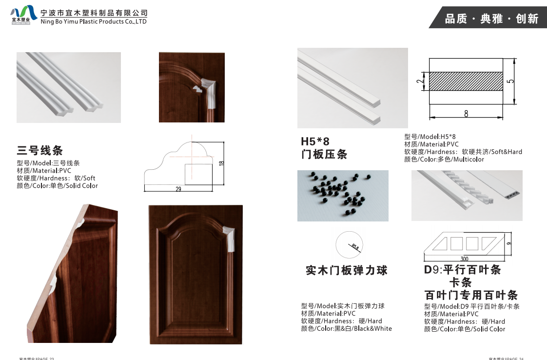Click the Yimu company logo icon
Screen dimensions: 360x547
click(23, 15)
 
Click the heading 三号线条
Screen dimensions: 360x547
click(40, 150)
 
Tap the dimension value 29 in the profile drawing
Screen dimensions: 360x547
click(178, 189)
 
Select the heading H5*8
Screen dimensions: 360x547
click(315, 141)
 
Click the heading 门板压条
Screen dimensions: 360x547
click(324, 155)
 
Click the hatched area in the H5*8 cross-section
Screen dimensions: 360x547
click(466, 81)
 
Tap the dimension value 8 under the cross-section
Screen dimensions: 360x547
click(466, 114)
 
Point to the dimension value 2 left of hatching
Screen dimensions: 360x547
click(419, 81)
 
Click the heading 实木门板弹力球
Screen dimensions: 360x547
click(346, 270)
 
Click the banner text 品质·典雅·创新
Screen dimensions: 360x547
click(491, 19)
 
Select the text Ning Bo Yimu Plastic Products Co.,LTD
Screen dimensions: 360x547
click(94, 21)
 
